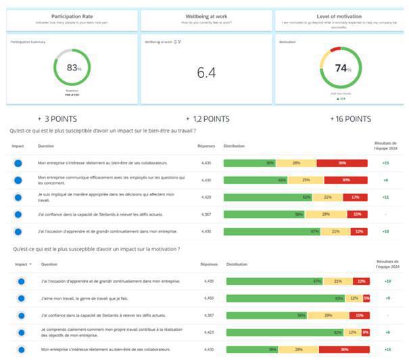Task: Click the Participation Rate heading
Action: click(72, 16)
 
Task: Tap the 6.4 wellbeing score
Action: click(206, 72)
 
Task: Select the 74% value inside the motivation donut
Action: click(342, 68)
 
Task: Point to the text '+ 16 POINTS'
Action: click(350, 119)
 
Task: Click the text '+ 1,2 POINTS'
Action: click(207, 119)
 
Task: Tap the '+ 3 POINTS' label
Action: click(57, 119)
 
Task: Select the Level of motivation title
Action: click(339, 16)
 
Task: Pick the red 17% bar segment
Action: click(356, 197)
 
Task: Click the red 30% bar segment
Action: click(345, 180)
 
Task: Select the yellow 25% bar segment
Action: click(306, 180)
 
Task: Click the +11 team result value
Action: click(385, 197)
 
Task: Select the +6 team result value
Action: click(387, 332)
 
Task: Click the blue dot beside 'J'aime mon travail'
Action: click(22, 298)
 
